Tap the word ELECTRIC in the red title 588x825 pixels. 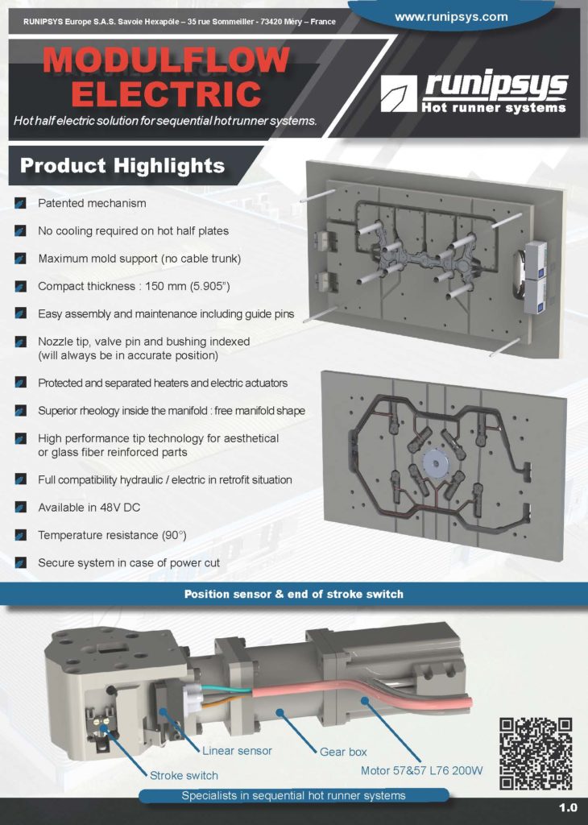tap(165, 93)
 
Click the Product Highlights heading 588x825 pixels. tap(122, 166)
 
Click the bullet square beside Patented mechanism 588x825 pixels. tap(20, 203)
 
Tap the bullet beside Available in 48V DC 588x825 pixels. tap(20, 508)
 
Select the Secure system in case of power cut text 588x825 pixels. tap(129, 562)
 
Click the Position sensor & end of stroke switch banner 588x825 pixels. tap(294, 595)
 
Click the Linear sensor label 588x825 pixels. tap(237, 751)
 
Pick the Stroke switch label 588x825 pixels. tap(184, 776)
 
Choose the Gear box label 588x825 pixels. tap(343, 752)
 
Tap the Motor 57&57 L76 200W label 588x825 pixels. tap(421, 770)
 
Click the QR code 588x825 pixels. tap(536, 752)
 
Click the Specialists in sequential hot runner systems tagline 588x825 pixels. tap(294, 795)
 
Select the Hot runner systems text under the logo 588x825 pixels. tap(493, 107)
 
